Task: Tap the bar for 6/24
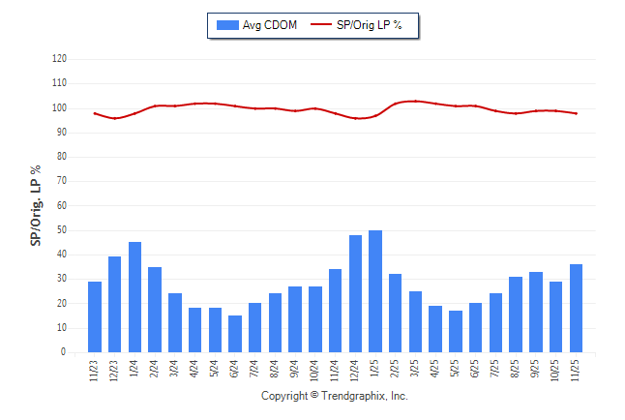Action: click(x=235, y=334)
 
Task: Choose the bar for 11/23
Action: click(x=95, y=316)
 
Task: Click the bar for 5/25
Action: click(x=456, y=331)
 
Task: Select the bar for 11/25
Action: click(x=577, y=308)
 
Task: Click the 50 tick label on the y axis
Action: click(x=61, y=230)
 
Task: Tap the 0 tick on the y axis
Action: click(x=64, y=352)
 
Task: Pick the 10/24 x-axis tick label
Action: click(x=315, y=371)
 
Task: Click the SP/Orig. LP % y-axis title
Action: click(x=36, y=205)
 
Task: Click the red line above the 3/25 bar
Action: click(x=416, y=101)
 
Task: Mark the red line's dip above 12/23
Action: click(x=115, y=118)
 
